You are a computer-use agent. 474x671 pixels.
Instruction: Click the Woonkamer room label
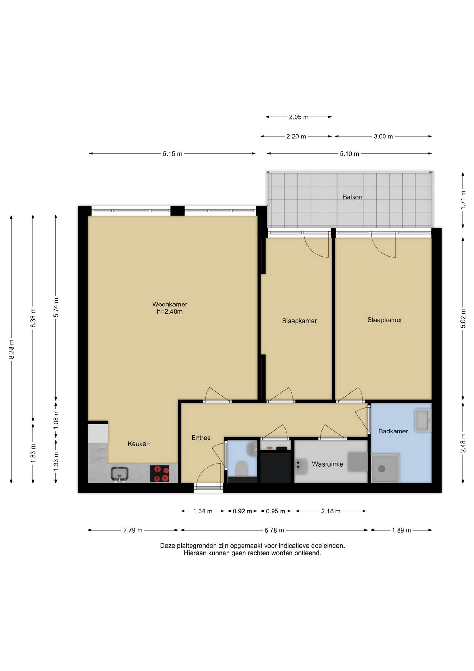(170, 304)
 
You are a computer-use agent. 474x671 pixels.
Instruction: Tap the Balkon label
(352, 197)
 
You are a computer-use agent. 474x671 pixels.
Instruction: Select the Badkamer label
(393, 431)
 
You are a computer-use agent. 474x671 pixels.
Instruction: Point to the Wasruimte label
(327, 464)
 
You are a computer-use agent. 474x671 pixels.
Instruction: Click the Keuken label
(139, 444)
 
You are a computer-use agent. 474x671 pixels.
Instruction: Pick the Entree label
(201, 438)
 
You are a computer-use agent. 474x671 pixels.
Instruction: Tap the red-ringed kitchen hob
(160, 474)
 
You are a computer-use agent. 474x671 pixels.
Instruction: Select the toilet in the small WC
(242, 469)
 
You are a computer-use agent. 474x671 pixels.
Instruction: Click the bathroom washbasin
(423, 420)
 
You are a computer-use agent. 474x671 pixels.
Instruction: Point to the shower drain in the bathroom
(382, 469)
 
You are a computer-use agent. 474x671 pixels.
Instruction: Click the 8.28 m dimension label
(11, 349)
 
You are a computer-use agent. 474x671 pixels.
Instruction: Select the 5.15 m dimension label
(172, 154)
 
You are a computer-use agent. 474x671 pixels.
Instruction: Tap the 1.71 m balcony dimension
(463, 200)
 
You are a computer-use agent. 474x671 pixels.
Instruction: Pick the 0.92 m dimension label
(242, 511)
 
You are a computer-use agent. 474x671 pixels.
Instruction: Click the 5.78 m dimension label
(274, 530)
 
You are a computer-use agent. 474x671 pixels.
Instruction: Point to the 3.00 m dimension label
(383, 136)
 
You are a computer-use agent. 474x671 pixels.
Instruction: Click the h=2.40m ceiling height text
(170, 312)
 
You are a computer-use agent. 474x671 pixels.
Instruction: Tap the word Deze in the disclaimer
(167, 546)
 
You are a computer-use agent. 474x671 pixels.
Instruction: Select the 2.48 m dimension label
(463, 443)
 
